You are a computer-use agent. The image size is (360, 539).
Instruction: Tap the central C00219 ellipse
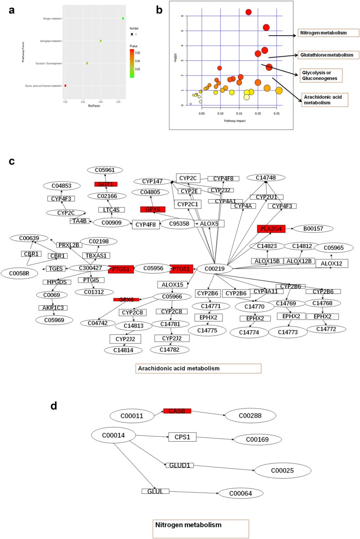point(215,269)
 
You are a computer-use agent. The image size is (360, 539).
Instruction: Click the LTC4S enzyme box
point(112,210)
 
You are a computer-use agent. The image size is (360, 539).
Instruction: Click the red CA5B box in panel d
point(177,411)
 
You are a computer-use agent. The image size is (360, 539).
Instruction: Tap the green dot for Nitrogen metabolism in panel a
point(123,18)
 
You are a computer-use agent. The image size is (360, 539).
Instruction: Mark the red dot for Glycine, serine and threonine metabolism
point(66,85)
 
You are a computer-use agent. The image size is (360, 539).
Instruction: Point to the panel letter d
point(54,406)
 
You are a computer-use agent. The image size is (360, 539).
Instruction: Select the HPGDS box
point(56,282)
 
